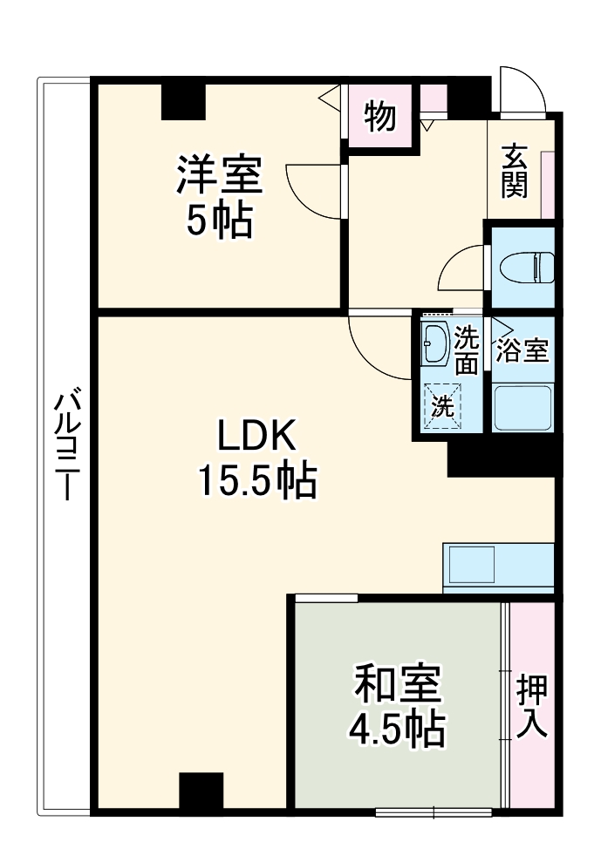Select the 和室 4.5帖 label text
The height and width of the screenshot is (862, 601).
[398, 707]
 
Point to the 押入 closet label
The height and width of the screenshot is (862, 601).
[532, 706]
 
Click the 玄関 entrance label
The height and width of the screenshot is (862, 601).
[515, 171]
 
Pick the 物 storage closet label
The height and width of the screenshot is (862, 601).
[379, 117]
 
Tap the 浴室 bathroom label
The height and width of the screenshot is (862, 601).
[522, 350]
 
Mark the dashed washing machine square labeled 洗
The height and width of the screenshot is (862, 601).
[443, 406]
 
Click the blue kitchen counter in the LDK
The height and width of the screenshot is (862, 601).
[498, 568]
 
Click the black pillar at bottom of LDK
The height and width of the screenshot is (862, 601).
[201, 791]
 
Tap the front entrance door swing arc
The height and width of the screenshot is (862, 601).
[520, 87]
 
